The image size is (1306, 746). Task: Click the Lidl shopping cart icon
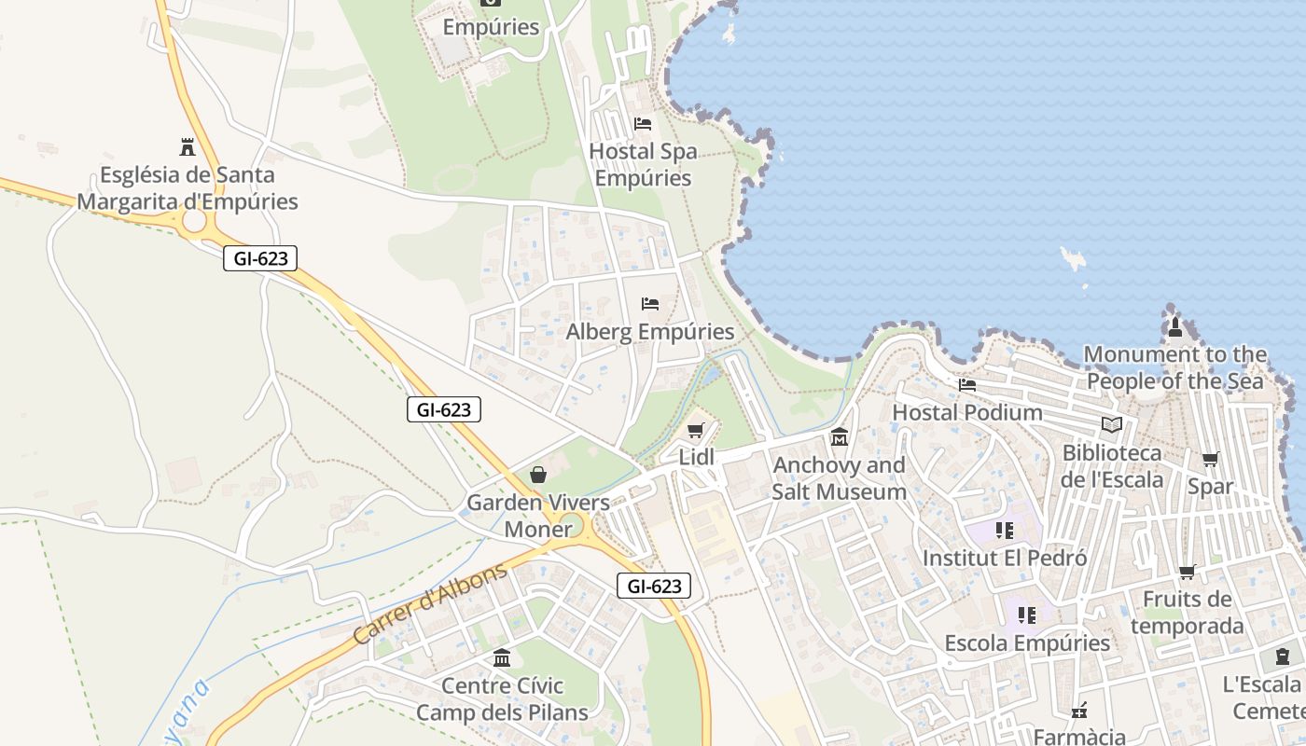coord(694,430)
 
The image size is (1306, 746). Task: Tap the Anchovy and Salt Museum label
coord(839,478)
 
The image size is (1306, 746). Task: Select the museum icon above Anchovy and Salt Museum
coord(839,436)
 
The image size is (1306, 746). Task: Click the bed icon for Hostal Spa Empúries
coord(642,123)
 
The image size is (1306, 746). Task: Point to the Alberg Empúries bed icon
coord(650,304)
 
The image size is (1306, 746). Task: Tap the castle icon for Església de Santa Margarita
coord(188,146)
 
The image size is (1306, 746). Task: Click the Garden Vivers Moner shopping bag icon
coord(538,475)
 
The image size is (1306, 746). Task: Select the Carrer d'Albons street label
coord(431,603)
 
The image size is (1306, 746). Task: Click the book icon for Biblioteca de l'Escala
coord(1111,425)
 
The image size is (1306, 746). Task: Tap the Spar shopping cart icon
coord(1210,459)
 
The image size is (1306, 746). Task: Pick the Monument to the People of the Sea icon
coord(1175,327)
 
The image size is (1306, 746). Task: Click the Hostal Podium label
coord(967,412)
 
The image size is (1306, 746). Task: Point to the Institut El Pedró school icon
coord(1004,531)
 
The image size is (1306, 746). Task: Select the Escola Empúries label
coord(1027,643)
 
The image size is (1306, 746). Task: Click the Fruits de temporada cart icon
coord(1187,572)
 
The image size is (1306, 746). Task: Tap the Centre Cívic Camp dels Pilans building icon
coord(502,658)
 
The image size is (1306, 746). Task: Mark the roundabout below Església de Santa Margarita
coord(194,221)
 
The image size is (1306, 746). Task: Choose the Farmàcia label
coord(1079,737)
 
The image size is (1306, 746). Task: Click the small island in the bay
coord(1074,257)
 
